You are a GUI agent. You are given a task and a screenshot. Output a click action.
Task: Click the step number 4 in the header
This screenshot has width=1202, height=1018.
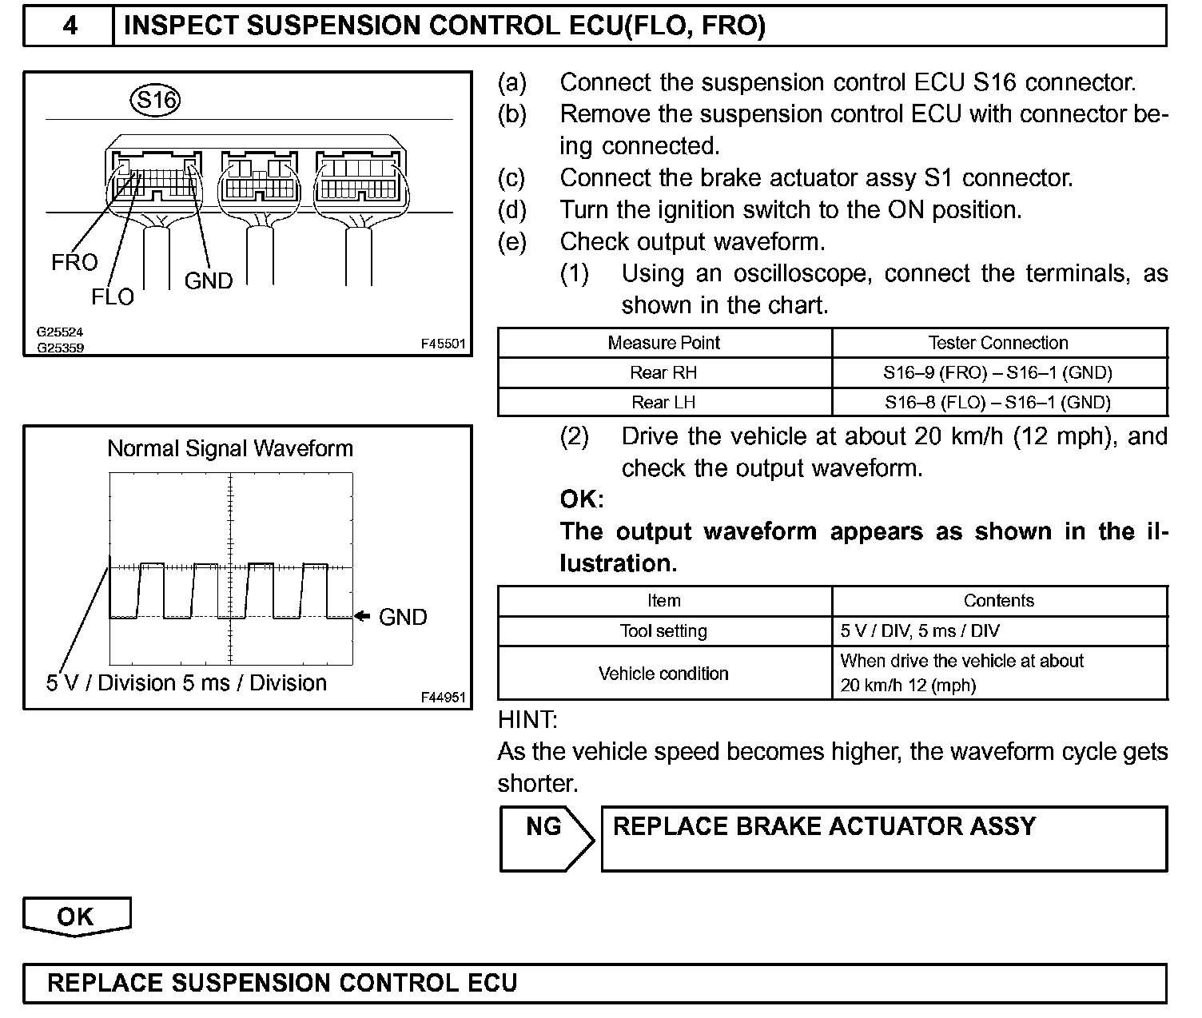coord(70,26)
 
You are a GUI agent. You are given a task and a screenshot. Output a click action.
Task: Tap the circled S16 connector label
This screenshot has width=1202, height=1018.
coord(155,101)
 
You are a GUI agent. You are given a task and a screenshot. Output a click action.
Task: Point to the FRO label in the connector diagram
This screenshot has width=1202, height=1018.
coord(74,262)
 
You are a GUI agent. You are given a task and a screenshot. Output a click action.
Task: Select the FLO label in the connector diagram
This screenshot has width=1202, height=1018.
coord(113,296)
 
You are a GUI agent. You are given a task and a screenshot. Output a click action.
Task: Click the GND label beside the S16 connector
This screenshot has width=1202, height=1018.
coord(209,280)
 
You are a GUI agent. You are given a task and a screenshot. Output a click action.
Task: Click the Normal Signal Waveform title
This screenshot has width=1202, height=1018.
coord(230,448)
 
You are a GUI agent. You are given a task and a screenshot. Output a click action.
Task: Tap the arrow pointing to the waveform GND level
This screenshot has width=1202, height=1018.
coord(362,616)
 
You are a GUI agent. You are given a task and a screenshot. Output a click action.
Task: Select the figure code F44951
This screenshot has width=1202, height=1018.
coord(443,698)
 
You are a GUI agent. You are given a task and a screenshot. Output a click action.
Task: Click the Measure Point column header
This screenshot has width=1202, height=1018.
coord(663,343)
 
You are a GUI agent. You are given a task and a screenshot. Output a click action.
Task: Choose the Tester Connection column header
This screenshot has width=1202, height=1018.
coord(998,343)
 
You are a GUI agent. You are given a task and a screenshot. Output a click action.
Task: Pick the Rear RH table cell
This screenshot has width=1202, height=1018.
coord(663,372)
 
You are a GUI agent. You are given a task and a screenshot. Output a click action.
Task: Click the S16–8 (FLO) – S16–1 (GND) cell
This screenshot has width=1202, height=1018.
coord(998,402)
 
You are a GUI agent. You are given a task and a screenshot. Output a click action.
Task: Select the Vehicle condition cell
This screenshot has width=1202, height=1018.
coord(663,673)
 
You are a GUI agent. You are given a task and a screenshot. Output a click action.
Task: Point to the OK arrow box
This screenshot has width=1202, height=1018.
coord(76,917)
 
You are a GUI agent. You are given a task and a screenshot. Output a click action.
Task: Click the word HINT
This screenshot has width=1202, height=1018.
coord(527,719)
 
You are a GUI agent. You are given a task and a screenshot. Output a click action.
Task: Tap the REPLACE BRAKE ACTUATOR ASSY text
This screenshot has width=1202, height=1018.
coord(824,826)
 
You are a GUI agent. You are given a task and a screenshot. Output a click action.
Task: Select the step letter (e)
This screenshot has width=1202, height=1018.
coord(512,241)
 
